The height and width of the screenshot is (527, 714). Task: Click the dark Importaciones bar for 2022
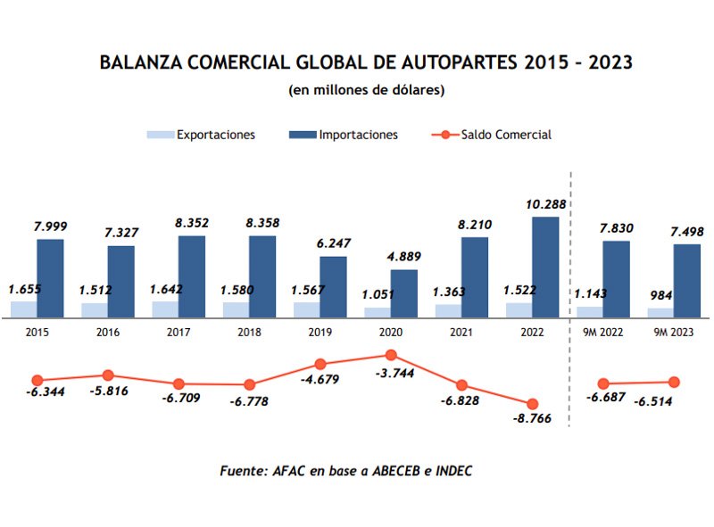coord(545,267)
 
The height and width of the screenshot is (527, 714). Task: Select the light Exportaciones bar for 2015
coord(23,309)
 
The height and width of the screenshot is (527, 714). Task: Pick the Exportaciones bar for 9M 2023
coord(660,312)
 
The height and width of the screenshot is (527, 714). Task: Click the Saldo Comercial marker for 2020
coord(391,355)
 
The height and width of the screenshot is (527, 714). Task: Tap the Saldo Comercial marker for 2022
coord(533,404)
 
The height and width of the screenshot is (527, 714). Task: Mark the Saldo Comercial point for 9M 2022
coord(603,383)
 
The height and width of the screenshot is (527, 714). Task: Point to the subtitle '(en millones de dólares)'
coord(366,90)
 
